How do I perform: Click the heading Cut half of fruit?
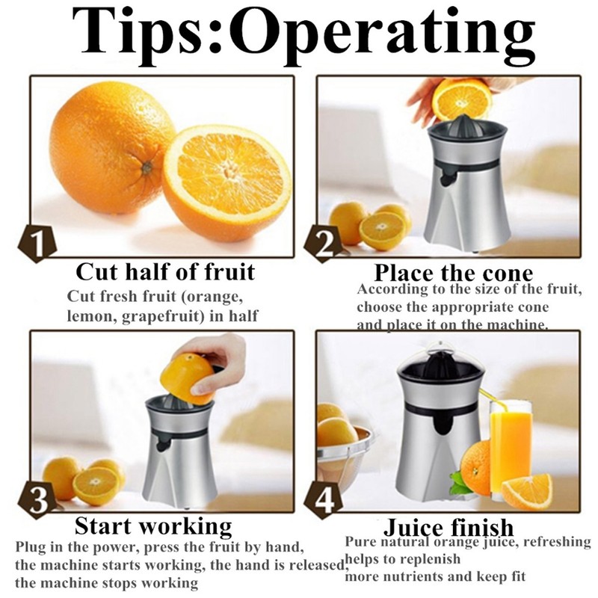tap(165, 271)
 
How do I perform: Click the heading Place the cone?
tap(453, 272)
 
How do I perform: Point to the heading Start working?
tap(153, 525)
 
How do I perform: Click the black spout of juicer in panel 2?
tap(446, 176)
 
